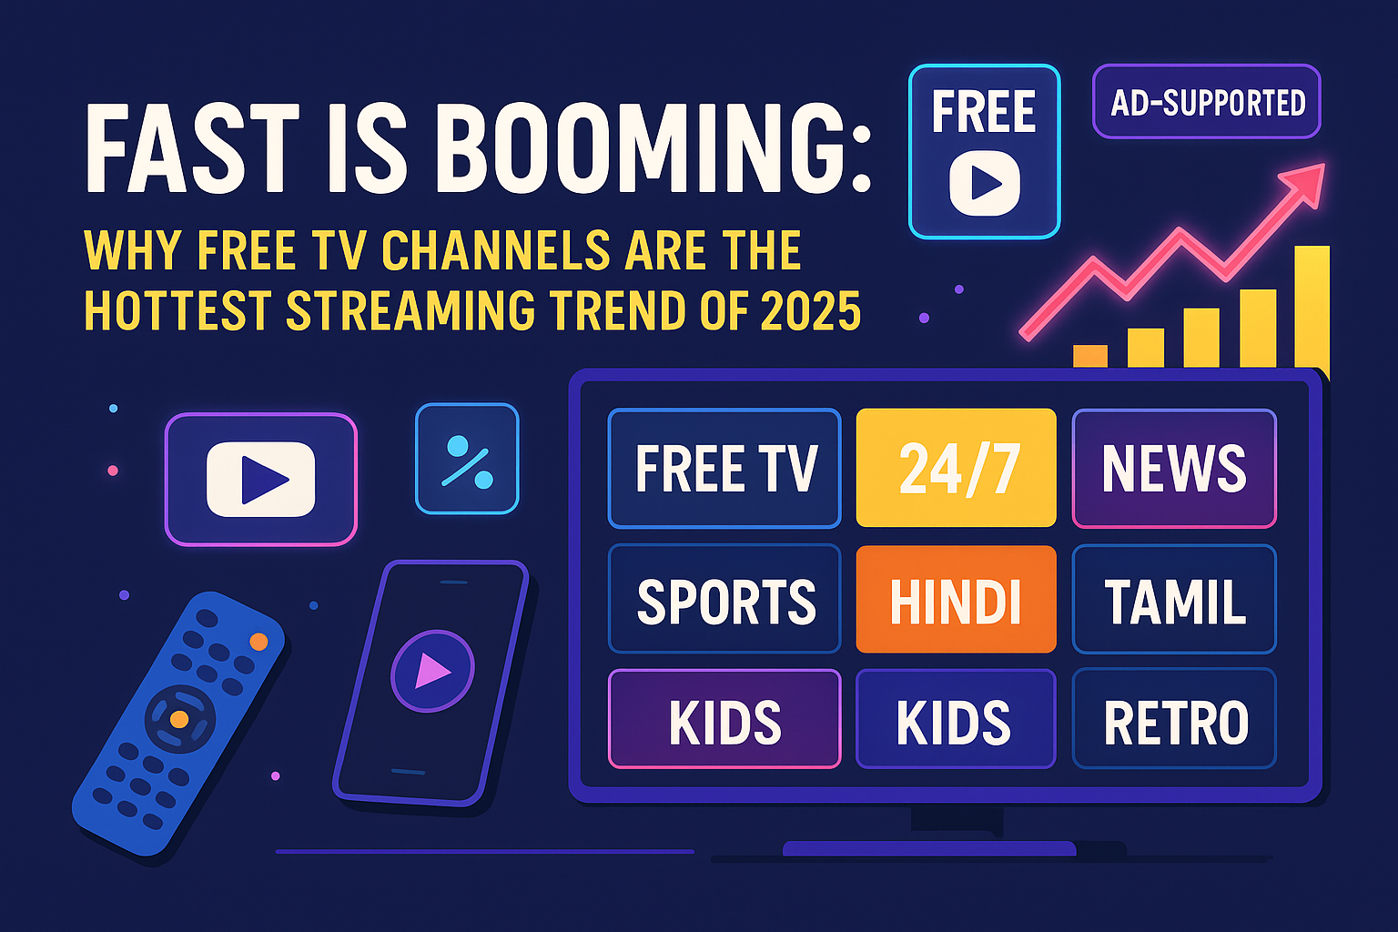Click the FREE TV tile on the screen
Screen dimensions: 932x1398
[724, 468]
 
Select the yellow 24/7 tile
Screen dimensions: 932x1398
[956, 468]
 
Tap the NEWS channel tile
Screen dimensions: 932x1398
[1174, 468]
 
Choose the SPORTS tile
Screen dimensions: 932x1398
[724, 599]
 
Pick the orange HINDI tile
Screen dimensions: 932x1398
[956, 599]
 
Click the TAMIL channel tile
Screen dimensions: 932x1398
[1174, 599]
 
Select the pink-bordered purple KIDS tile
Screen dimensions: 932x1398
[724, 719]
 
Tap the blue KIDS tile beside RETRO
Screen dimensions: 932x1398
[956, 719]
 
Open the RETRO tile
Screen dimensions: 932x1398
[1174, 719]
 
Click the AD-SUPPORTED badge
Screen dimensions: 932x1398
[1207, 101]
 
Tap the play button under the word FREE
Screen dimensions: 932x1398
[985, 183]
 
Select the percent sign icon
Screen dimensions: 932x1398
[467, 460]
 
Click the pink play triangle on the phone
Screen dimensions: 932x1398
[432, 672]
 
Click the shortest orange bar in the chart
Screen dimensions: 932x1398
[1089, 356]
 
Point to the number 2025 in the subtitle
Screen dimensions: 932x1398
[810, 311]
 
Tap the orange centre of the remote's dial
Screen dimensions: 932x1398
[179, 719]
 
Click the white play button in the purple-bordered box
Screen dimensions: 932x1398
[261, 479]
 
